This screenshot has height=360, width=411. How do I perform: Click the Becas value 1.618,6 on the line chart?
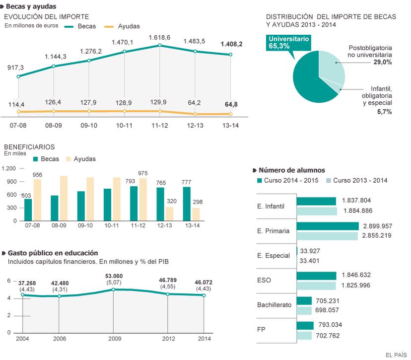tap(160, 38)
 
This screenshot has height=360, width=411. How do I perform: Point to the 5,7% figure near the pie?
tap(384, 112)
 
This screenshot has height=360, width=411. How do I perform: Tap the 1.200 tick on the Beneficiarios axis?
tap(9, 168)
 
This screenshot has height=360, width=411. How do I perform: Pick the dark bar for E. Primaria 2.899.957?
tap(328, 226)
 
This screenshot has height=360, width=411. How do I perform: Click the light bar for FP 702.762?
tap(304, 336)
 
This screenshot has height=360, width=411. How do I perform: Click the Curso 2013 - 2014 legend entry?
tap(356, 181)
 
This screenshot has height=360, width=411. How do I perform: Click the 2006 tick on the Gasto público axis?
tap(59, 339)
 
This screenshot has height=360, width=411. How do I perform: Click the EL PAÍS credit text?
tap(396, 354)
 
